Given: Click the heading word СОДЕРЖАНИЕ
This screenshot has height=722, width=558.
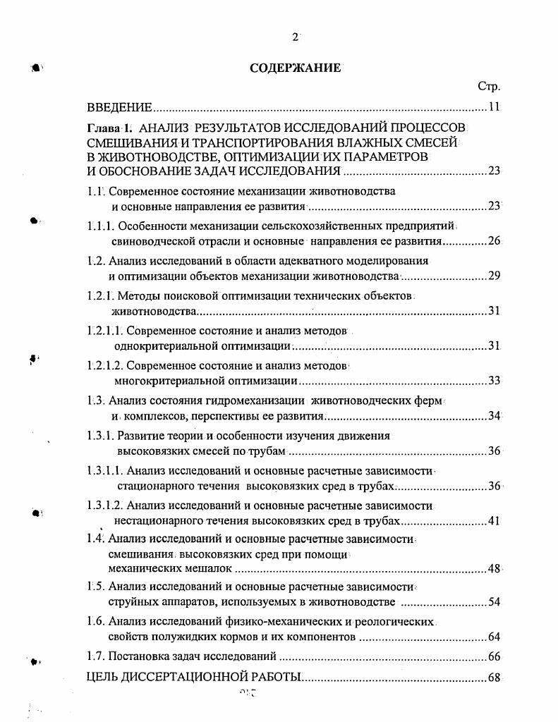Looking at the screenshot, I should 296,68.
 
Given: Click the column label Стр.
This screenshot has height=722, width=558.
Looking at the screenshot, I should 489,87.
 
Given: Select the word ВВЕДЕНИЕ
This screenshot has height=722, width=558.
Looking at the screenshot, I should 119,108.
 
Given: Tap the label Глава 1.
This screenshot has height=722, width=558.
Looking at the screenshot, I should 109,128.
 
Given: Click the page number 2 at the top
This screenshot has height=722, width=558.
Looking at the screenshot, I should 296,37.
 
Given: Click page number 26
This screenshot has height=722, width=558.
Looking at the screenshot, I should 493,241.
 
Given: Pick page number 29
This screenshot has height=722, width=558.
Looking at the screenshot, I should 493,275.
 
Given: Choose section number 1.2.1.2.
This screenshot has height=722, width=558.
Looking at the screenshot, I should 105,366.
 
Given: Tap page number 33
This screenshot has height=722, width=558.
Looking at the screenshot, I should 493,381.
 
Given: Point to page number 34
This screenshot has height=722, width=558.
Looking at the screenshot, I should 493,415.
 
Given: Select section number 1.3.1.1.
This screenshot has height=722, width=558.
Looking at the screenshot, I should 105,470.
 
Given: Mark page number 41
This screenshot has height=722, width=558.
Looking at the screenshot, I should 493,521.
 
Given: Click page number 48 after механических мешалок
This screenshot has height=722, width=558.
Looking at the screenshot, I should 493,568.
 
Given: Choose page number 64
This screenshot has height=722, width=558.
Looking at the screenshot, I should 493,637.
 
